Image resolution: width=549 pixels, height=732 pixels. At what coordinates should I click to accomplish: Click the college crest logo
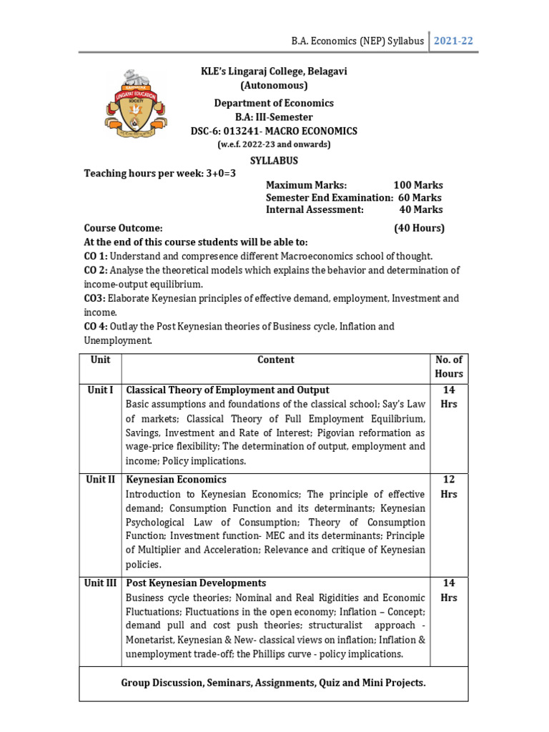coord(133,104)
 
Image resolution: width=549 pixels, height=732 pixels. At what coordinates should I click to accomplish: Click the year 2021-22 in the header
coord(453,41)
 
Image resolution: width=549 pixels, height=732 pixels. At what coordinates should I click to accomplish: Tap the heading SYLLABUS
coord(274,160)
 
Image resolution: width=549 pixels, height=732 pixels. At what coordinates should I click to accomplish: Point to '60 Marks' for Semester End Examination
coord(419,197)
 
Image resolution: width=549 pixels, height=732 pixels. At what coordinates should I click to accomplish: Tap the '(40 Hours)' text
coord(419,228)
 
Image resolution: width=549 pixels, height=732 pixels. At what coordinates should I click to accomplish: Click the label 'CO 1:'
coord(96,256)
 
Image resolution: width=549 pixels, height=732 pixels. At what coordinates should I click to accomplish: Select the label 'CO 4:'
coord(96,326)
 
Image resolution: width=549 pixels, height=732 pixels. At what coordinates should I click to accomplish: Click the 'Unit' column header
coord(100,360)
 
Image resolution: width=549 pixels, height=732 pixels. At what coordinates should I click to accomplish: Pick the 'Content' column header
coord(275,360)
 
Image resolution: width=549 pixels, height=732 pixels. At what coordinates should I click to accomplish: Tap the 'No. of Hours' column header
coord(448,367)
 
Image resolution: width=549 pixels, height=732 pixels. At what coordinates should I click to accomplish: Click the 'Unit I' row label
coord(100,390)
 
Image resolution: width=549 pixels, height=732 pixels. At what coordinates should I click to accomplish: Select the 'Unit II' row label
coord(100,480)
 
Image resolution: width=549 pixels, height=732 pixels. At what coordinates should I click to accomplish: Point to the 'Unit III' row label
coord(100,583)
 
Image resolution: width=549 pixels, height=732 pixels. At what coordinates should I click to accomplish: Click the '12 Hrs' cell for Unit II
coord(448,486)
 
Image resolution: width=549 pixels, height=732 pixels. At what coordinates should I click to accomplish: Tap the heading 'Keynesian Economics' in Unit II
coord(176,480)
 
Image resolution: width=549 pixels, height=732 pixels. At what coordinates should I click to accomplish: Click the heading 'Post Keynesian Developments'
coord(196,583)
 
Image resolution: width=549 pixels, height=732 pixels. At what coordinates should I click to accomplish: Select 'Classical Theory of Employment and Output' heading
coord(227,390)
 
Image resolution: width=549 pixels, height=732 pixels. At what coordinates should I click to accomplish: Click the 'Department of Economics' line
coord(274,103)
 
